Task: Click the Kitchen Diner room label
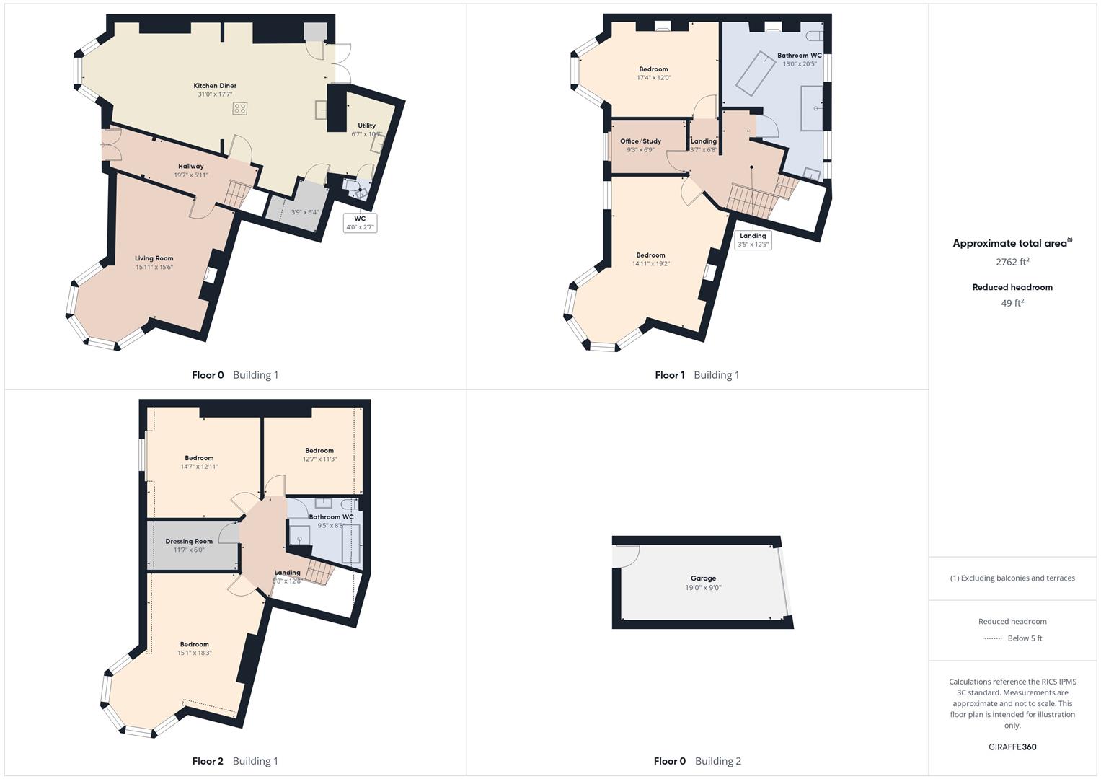[215, 86]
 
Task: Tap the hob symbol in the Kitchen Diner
[240, 108]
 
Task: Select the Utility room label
[366, 126]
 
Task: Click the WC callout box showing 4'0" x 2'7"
[360, 223]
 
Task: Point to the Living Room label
[154, 258]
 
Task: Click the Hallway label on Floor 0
[191, 167]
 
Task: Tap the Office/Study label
[640, 141]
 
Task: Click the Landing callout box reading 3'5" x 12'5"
[753, 240]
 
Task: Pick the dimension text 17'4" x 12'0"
[654, 78]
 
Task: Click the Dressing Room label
[189, 542]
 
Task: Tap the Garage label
[703, 578]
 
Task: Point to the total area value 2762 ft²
[1012, 262]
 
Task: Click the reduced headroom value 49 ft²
[1012, 303]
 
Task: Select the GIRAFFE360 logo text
[1012, 747]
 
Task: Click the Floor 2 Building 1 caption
[235, 761]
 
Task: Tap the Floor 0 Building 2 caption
[697, 761]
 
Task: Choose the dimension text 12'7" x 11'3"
[319, 459]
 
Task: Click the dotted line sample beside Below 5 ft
[993, 638]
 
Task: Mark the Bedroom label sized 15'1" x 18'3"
[194, 644]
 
